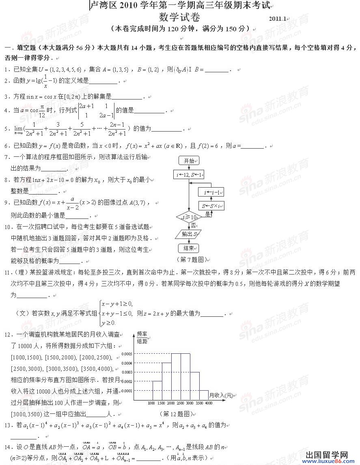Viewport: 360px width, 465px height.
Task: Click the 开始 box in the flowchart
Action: point(189,161)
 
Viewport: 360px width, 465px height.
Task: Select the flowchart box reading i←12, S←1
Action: point(189,175)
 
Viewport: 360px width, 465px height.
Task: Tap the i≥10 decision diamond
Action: point(189,218)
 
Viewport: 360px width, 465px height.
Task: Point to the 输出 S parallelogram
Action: point(189,234)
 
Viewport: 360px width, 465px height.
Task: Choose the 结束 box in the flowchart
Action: point(189,248)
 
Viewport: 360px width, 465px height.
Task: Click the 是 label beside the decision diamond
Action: point(208,214)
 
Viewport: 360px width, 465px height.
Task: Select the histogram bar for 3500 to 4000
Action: point(204,395)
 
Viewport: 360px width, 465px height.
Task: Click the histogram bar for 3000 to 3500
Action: point(194,386)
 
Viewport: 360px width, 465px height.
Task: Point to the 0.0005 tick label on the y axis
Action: point(127,354)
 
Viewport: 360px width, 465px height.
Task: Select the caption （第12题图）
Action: point(176,414)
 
